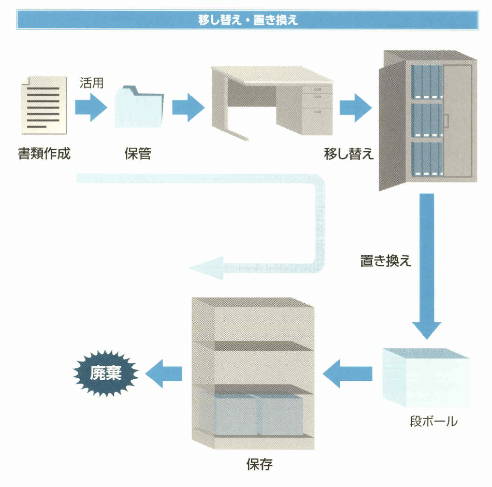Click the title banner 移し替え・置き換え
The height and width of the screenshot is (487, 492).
point(247,20)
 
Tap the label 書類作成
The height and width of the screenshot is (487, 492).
point(44,153)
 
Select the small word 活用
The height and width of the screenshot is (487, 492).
point(92,83)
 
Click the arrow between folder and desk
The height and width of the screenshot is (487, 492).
point(187,107)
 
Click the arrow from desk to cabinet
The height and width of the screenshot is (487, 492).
point(355,107)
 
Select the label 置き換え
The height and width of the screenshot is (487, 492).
point(386,261)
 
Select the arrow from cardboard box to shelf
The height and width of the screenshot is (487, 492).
point(348,373)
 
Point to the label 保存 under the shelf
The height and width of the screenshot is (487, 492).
point(259,463)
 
